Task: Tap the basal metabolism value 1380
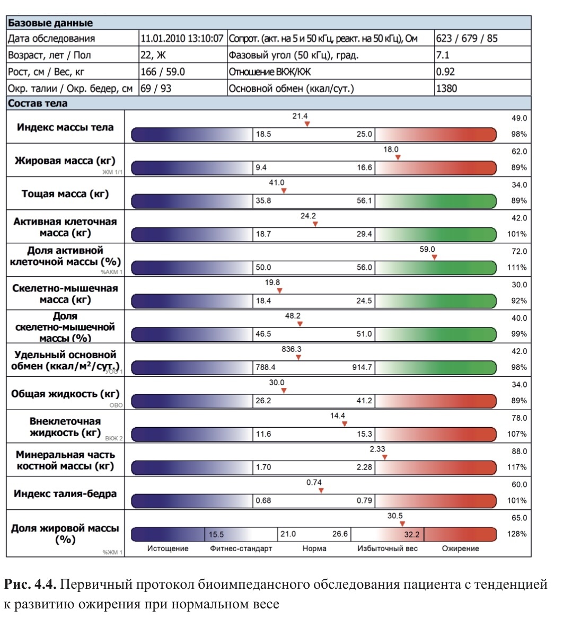point(446,89)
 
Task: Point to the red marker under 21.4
point(307,124)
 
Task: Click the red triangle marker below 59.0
point(434,257)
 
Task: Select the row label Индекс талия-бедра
point(65,494)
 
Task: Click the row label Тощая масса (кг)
point(65,194)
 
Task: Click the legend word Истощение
point(168,549)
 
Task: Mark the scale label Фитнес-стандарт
point(241,549)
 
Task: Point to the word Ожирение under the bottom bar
point(460,549)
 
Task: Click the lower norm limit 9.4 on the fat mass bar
point(261,168)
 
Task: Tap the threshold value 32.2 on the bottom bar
point(411,534)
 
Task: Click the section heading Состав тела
point(38,103)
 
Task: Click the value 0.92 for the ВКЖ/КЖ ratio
point(445,72)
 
